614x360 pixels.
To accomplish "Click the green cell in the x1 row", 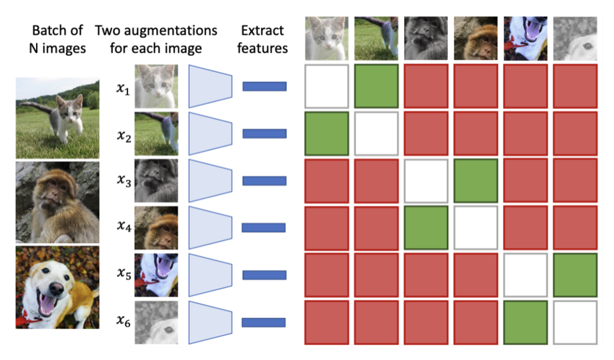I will [x=376, y=86].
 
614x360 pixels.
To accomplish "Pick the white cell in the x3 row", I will [x=426, y=180].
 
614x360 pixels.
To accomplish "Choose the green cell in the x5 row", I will [x=575, y=275].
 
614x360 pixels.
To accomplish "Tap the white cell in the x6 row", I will [x=575, y=322].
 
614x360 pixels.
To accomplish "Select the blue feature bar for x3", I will [x=264, y=180].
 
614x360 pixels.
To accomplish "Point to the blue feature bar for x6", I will [x=264, y=322].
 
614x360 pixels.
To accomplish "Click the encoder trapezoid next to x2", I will [x=210, y=133].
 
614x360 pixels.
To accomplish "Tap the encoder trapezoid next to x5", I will [x=210, y=275].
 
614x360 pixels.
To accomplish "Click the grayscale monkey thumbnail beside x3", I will [x=156, y=180].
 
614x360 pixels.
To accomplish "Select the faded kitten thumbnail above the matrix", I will [x=326, y=39].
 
